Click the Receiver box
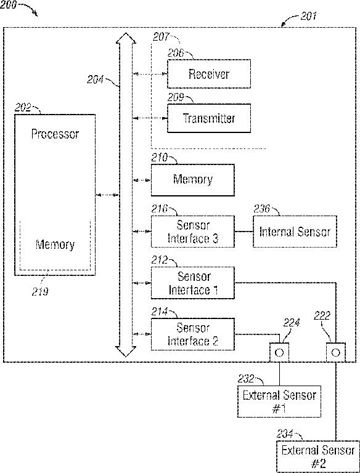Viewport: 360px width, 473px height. pos(209,74)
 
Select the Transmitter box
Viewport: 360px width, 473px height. pos(209,118)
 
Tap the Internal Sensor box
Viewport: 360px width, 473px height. pos(295,232)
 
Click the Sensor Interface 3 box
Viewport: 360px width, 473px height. pos(193,232)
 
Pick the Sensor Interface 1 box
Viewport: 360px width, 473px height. pos(193,283)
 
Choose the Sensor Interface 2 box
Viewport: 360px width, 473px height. pos(193,334)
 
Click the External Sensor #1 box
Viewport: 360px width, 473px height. pos(279,401)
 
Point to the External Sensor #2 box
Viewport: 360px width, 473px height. pos(318,457)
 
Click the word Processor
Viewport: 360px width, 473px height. pos(55,134)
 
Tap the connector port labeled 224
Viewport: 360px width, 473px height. pos(279,352)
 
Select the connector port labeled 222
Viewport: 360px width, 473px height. pos(336,352)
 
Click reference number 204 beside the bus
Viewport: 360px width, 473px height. pos(95,79)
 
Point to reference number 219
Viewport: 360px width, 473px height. pos(40,292)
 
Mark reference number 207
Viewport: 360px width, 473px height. pos(161,37)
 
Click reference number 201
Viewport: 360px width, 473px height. pos(308,15)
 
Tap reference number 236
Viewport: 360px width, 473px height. pos(261,208)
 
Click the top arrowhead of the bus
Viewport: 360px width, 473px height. pos(126,38)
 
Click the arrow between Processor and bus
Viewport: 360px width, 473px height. pos(107,195)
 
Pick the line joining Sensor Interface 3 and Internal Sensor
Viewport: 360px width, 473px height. pos(243,232)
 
